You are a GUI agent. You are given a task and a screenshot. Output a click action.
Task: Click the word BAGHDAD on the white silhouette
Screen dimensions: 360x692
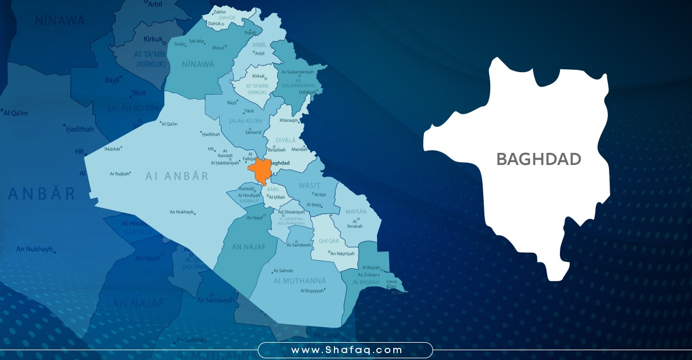click(539, 159)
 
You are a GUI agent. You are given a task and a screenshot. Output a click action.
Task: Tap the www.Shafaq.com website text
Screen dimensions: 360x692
click(345, 350)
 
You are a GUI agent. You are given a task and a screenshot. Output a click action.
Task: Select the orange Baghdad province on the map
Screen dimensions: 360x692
click(259, 170)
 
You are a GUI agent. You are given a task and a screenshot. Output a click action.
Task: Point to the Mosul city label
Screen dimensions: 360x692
click(218, 48)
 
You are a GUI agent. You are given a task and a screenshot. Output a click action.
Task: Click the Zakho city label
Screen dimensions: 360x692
click(219, 12)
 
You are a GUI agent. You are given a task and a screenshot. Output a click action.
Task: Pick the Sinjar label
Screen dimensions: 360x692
click(179, 44)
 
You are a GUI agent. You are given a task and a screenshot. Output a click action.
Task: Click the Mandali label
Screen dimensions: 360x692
click(299, 149)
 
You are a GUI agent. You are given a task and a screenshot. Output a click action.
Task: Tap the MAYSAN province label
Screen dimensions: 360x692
click(356, 212)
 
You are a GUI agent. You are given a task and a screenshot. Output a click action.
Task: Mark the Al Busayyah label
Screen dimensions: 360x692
click(313, 291)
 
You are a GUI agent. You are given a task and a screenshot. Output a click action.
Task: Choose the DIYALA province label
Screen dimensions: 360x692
click(285, 140)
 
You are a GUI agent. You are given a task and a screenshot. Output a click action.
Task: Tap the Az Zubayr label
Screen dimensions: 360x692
click(369, 275)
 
